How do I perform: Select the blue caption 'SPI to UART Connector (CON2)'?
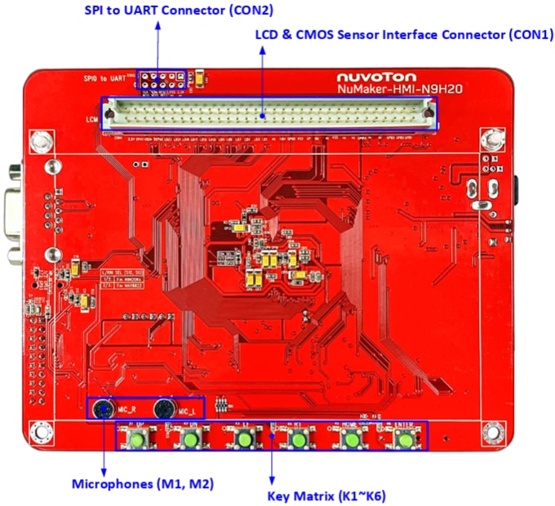(x=179, y=11)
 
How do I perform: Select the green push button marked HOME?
(x=351, y=439)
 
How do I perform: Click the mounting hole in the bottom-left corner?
(x=38, y=432)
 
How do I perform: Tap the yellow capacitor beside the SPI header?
(x=199, y=79)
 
